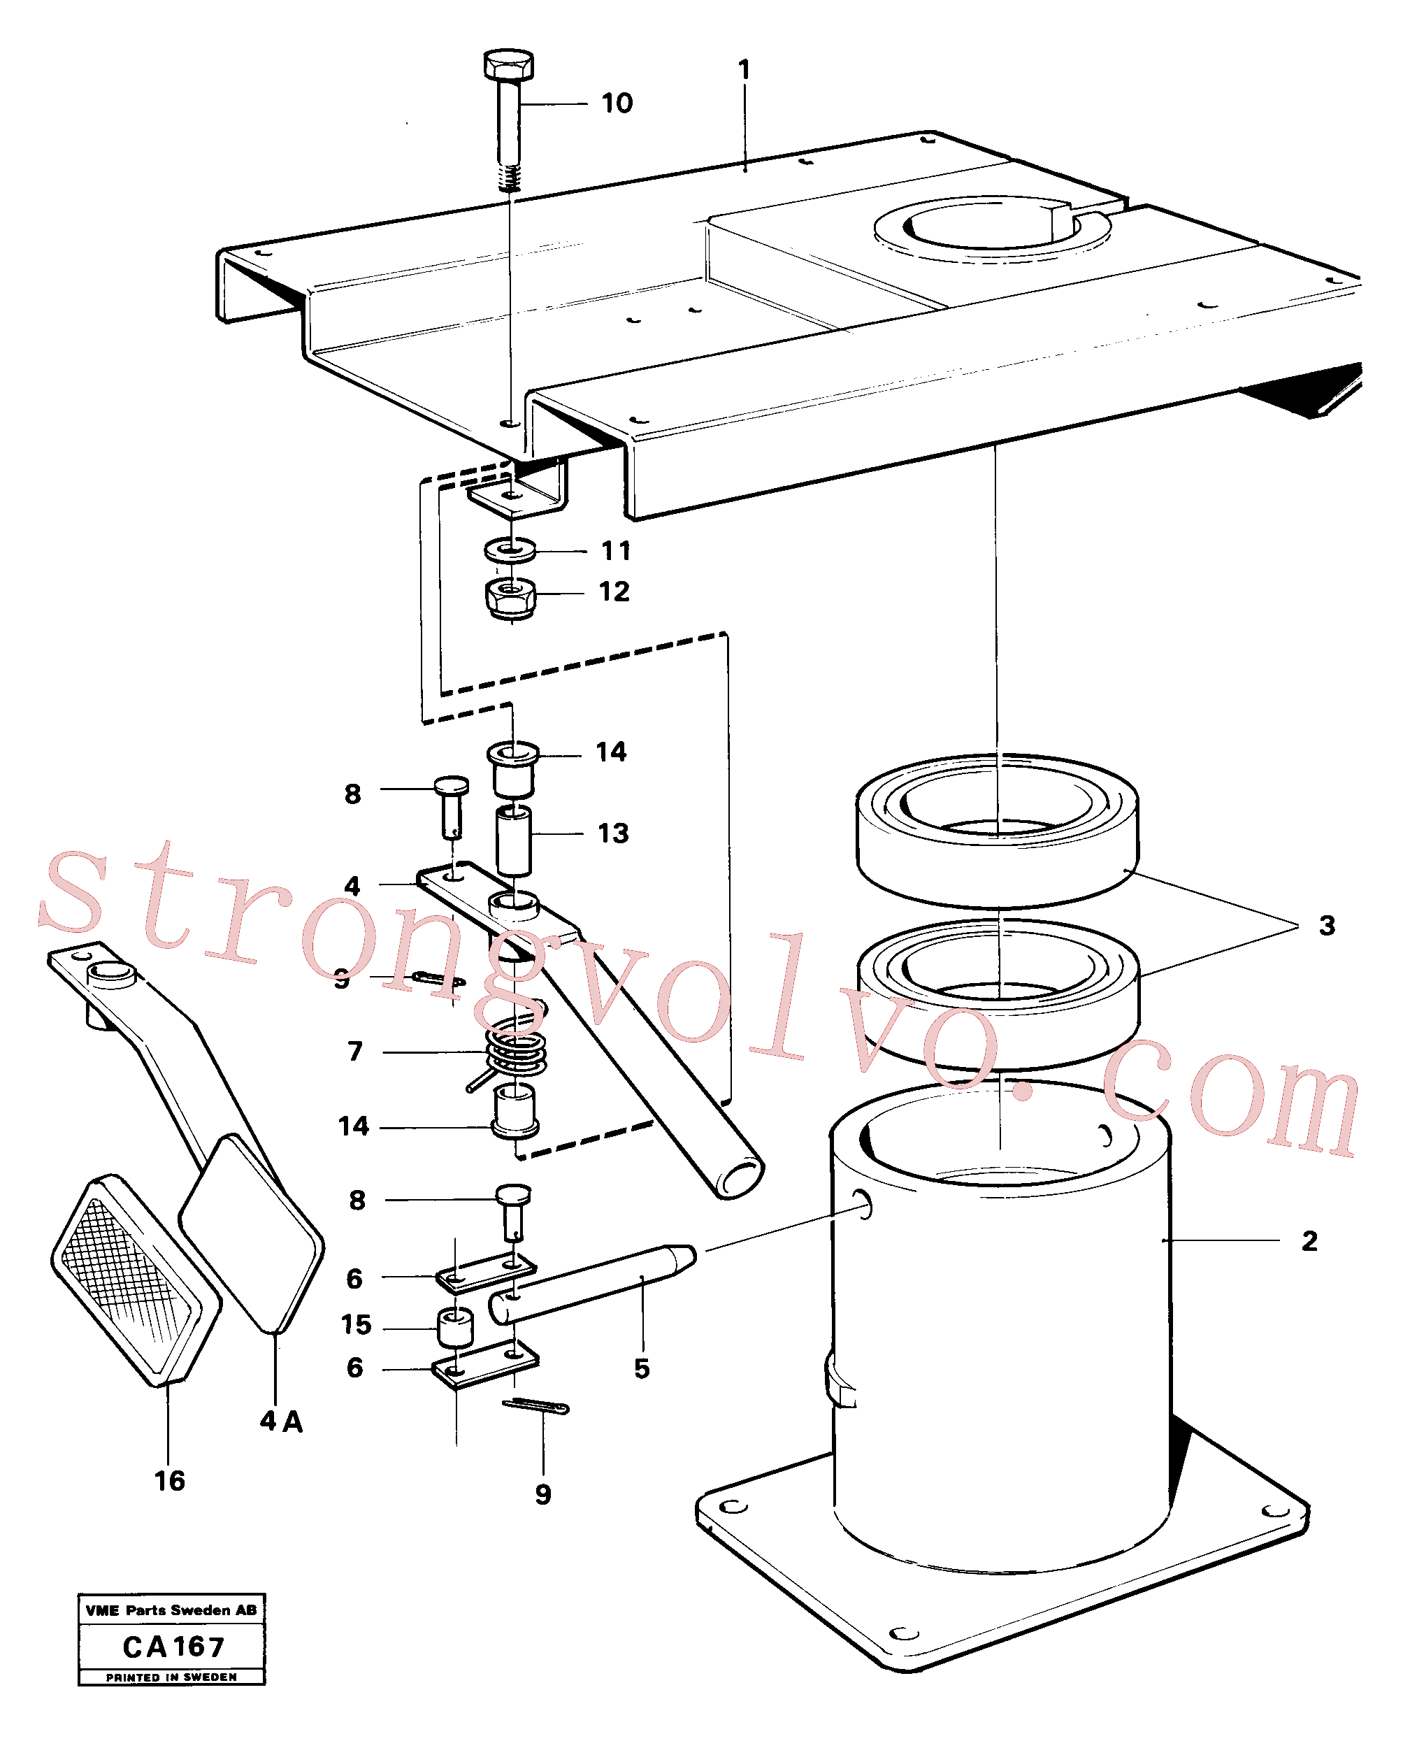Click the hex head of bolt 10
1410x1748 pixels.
(x=508, y=64)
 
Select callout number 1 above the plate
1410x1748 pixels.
(x=744, y=70)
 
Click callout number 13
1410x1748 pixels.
(x=613, y=833)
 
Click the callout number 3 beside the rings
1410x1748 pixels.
(x=1326, y=925)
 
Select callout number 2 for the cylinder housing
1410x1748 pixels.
(x=1309, y=1240)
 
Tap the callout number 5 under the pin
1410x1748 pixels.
(x=642, y=1368)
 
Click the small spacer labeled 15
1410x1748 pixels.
(x=455, y=1327)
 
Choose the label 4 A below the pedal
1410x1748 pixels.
(x=281, y=1421)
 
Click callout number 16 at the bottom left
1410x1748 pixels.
(x=170, y=1481)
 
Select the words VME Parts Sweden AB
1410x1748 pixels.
(x=171, y=1610)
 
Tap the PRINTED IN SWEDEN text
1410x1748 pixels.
(x=171, y=1677)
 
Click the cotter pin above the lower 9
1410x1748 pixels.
(x=536, y=1406)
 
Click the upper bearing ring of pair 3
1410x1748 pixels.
(x=998, y=830)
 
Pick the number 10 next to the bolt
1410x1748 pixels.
(x=617, y=103)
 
